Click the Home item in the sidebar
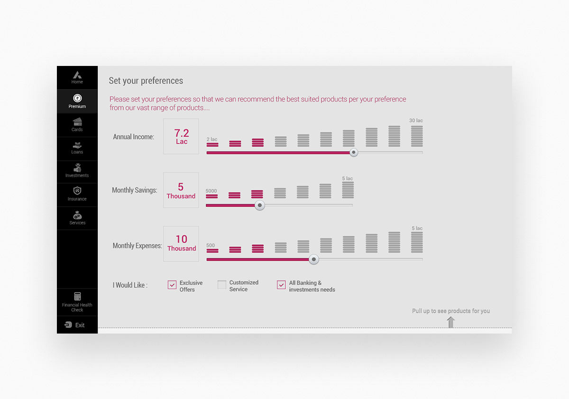click(x=77, y=77)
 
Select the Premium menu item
click(x=77, y=101)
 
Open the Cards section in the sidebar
click(x=77, y=124)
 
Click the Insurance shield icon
click(x=77, y=191)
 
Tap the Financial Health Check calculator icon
click(x=77, y=296)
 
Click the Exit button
click(x=75, y=325)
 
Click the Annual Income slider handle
click(x=354, y=152)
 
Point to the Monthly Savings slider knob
click(x=259, y=205)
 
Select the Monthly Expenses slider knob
click(x=314, y=260)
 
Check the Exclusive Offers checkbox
click(x=172, y=285)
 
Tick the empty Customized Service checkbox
click(x=222, y=285)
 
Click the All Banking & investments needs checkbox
click(x=281, y=285)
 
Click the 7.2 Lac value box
click(x=181, y=137)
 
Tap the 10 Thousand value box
click(x=181, y=244)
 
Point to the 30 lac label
click(x=416, y=121)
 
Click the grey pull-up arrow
click(x=451, y=322)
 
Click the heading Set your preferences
click(x=146, y=81)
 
